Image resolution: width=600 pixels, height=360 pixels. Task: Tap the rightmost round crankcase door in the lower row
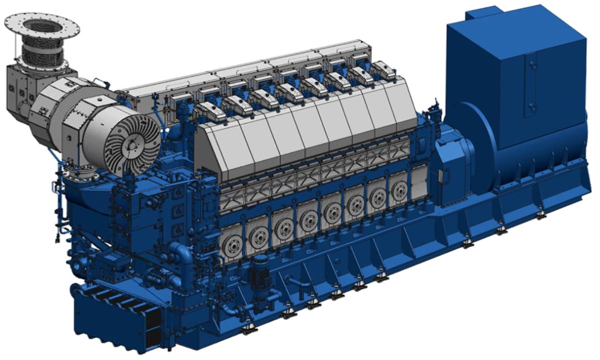pos(399,190)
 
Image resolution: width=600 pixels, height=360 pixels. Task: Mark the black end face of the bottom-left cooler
pos(152,325)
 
